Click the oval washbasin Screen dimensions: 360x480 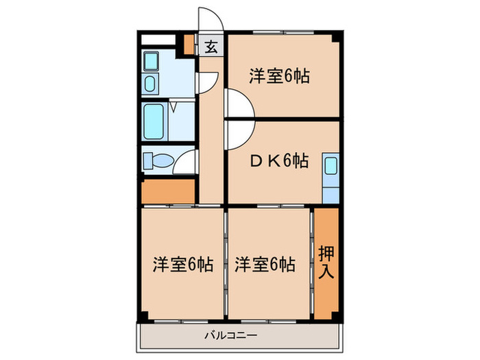[151, 84]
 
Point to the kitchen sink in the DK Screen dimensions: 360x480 [330, 167]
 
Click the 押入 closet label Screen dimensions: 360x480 [326, 261]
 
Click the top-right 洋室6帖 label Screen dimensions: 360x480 [279, 76]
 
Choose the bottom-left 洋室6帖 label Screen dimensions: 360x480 [182, 263]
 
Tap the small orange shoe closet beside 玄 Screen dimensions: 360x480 [189, 45]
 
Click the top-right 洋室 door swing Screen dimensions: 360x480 [240, 107]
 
